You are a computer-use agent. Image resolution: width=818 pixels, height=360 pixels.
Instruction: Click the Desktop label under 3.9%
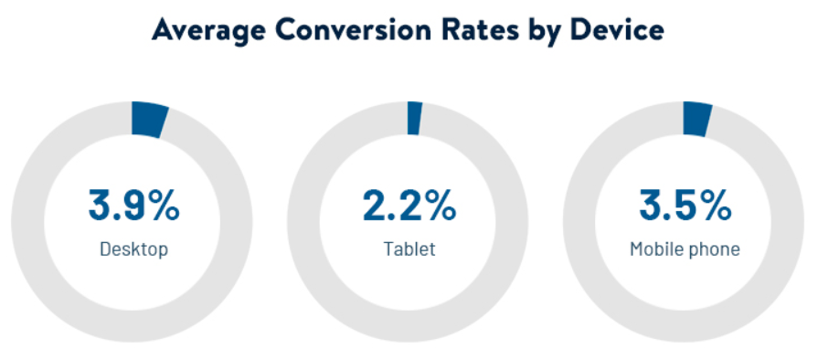(x=133, y=249)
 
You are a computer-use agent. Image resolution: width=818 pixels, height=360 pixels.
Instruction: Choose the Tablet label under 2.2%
(x=409, y=249)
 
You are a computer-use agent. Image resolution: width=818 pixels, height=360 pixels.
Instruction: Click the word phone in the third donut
(x=716, y=249)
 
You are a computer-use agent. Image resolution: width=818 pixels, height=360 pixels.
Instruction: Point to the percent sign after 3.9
(x=163, y=206)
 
